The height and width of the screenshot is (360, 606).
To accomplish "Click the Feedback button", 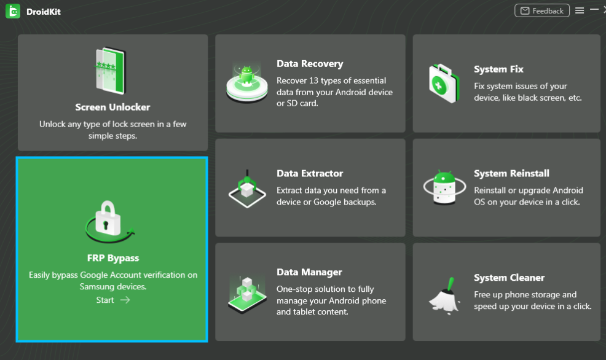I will [x=542, y=11].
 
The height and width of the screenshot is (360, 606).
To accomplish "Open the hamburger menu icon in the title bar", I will [x=580, y=11].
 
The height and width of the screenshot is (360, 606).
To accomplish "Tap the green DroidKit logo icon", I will [x=13, y=11].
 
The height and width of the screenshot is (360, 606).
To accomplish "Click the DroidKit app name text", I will [x=44, y=12].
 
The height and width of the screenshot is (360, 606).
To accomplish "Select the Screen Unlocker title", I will [x=112, y=107].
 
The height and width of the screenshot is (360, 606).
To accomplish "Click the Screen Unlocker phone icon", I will [x=111, y=69].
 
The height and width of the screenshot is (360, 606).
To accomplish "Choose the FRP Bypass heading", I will [x=113, y=258].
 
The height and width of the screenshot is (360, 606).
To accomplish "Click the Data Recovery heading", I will [x=310, y=64].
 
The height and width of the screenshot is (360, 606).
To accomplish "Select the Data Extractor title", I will [x=310, y=174].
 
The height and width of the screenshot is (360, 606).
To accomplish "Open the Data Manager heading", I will [x=309, y=272].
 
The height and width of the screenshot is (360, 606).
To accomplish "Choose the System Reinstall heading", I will [x=511, y=174].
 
